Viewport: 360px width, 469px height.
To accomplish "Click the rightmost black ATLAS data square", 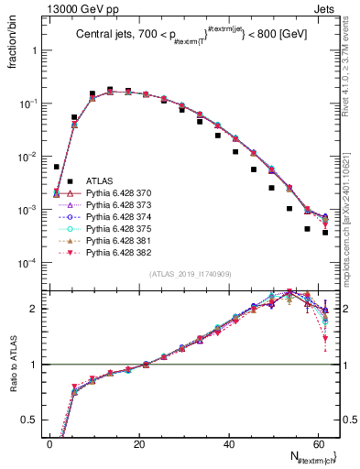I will (325, 233).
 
